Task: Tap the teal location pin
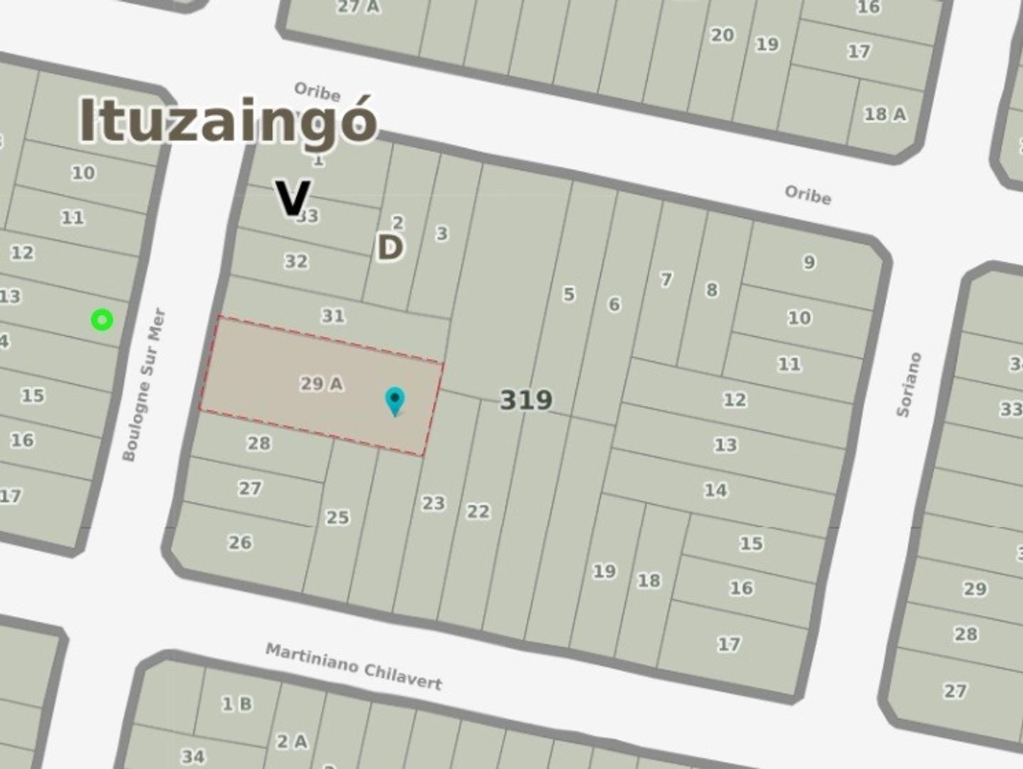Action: (x=394, y=400)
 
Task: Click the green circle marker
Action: (x=103, y=320)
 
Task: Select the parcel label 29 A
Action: (x=321, y=384)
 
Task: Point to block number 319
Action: (x=526, y=400)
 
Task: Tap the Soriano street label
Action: (x=909, y=384)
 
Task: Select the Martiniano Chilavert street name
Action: (x=354, y=666)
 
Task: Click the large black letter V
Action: (x=293, y=199)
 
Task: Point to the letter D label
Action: (x=389, y=248)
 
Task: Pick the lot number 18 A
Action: (x=885, y=114)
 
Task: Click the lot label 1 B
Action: (x=236, y=704)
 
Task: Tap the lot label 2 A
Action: (x=292, y=741)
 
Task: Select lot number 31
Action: (x=333, y=315)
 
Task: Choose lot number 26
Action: (x=240, y=543)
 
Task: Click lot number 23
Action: (x=433, y=503)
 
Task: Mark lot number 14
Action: (x=715, y=490)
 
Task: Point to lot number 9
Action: (x=809, y=262)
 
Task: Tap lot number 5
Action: (x=568, y=294)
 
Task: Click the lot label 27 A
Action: (x=359, y=7)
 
